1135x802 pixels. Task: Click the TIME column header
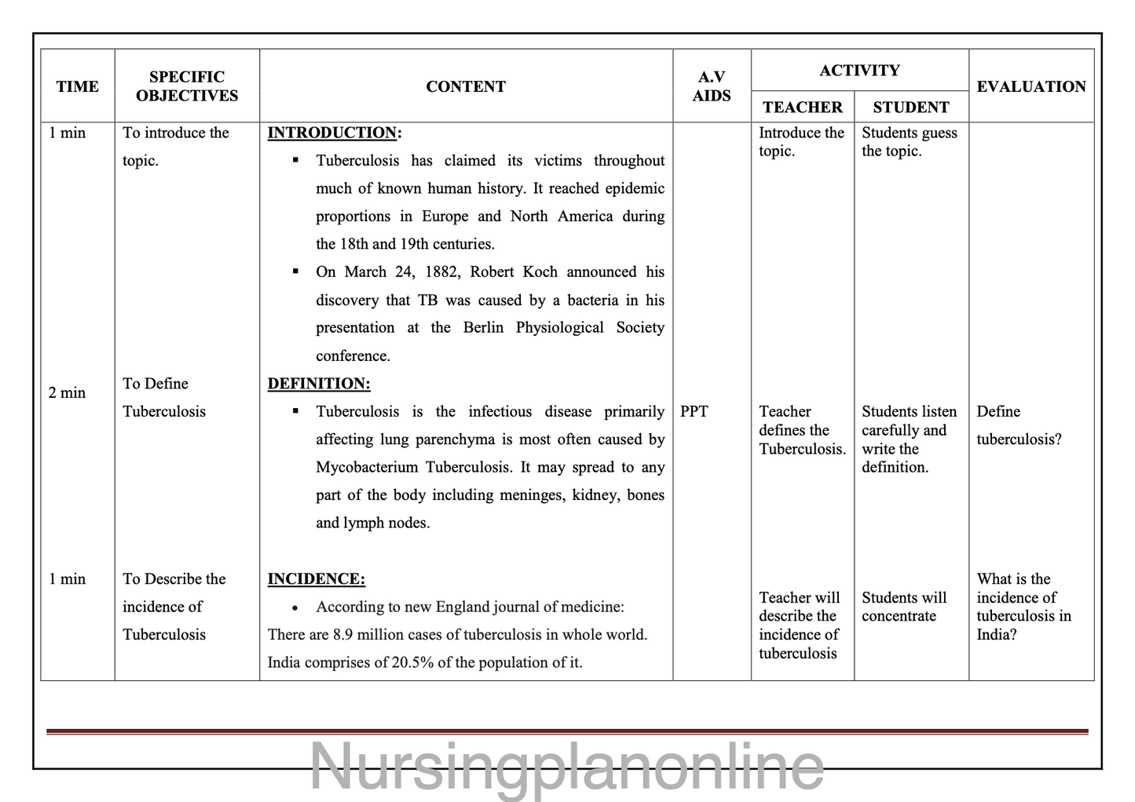point(77,86)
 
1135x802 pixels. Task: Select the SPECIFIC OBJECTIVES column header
point(187,86)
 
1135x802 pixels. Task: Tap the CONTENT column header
point(466,86)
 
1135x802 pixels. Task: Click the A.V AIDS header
point(712,86)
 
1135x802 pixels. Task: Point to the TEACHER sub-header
point(802,108)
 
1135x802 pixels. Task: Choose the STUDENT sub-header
point(910,108)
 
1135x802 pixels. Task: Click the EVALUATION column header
point(1031,86)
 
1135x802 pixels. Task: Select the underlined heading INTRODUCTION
point(333,133)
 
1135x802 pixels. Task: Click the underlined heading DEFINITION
point(318,384)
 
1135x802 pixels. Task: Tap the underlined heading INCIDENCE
point(316,579)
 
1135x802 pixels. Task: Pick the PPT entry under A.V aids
point(694,411)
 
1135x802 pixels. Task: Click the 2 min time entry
point(67,392)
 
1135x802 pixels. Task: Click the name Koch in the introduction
point(540,272)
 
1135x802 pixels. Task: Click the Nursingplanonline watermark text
point(566,767)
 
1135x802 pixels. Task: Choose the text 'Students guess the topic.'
point(909,142)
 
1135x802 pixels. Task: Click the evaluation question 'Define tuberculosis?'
point(1018,425)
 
